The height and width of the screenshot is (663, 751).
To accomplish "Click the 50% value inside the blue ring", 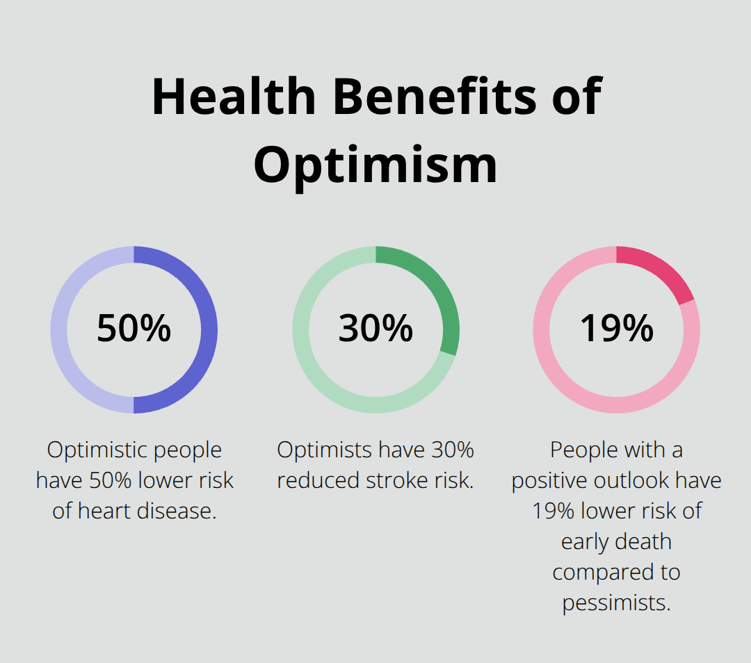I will [134, 329].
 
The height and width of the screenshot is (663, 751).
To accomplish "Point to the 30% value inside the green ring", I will [375, 329].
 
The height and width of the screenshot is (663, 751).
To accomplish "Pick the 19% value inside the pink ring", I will [617, 329].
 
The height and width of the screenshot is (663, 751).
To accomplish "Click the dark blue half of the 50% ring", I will [209, 329].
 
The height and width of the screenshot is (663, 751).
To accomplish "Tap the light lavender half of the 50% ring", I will [59, 329].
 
